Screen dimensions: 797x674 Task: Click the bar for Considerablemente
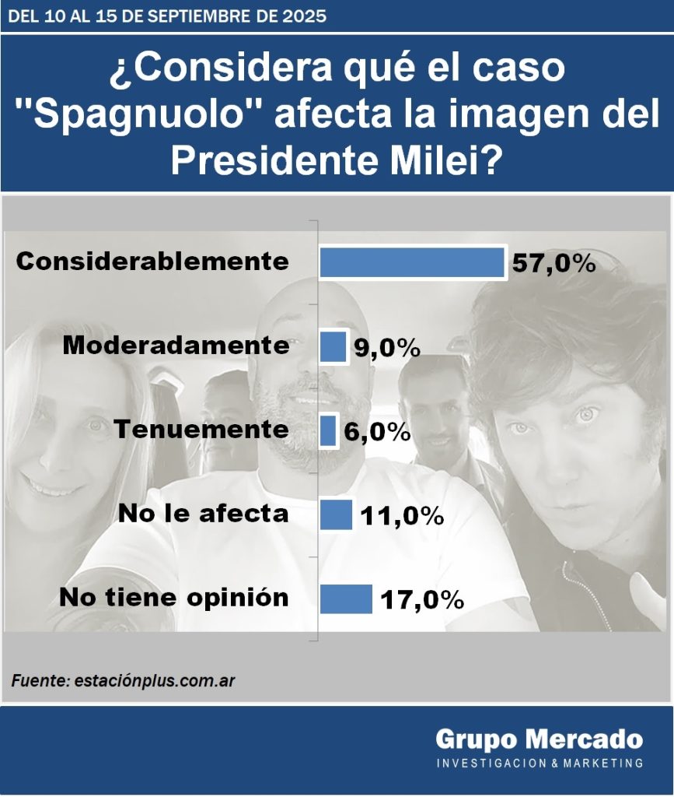coord(412,262)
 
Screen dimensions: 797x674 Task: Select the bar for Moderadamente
coord(333,346)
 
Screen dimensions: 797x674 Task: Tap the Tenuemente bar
coord(328,430)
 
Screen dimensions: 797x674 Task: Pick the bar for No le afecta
coord(336,514)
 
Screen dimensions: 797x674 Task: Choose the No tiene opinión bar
coord(346,599)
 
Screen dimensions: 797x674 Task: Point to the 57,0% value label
coord(554,264)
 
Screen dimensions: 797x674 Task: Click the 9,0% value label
coord(386,348)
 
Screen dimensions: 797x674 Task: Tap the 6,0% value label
coord(376,432)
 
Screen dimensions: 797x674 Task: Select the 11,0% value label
coord(400,515)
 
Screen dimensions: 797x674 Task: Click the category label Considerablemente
coord(152,261)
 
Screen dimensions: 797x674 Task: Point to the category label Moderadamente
coord(176,345)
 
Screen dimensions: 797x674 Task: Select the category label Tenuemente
coord(201,429)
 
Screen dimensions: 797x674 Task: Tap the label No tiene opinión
coord(174,597)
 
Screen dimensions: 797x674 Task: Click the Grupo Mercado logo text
coord(539,739)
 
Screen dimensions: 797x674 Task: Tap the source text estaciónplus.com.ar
coord(155,680)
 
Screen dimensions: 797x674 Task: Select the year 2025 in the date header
coord(298,16)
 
